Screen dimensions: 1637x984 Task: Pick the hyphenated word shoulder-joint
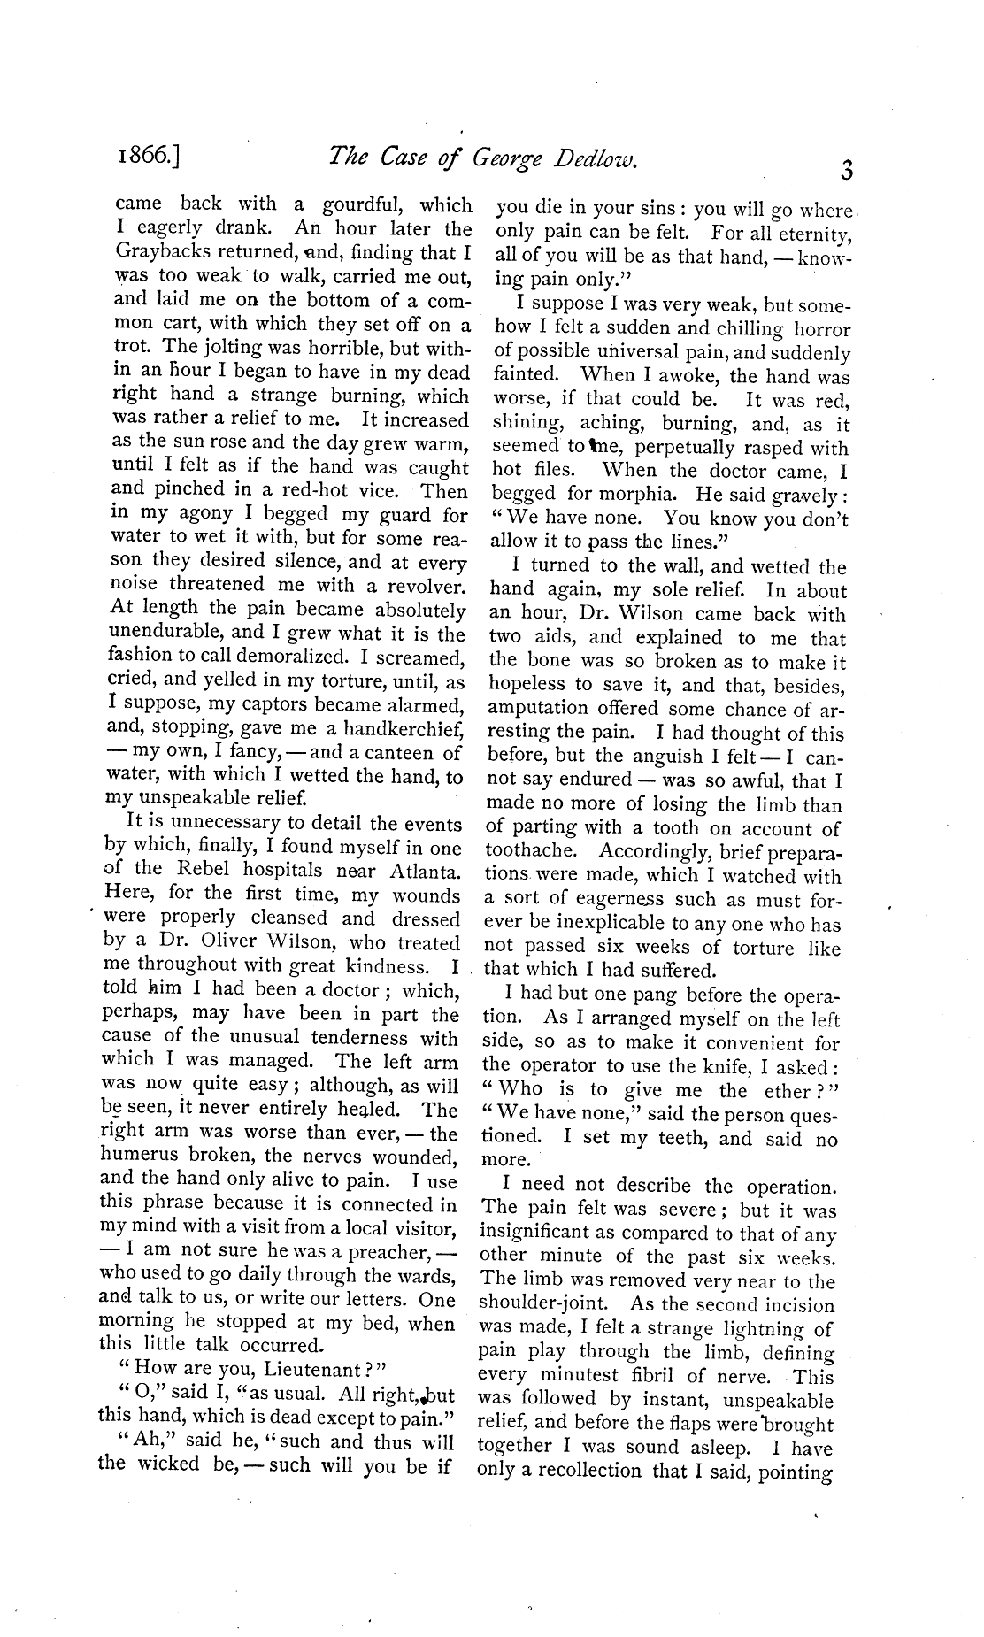534,1305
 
